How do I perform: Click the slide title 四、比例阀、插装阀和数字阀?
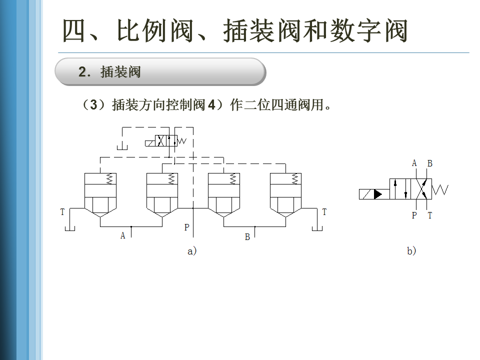pos(235,31)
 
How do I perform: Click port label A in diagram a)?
pos(123,235)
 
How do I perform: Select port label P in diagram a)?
pos(186,227)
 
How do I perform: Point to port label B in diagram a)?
pos(247,237)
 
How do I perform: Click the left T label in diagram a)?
pos(62,212)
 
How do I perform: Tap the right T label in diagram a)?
pos(324,212)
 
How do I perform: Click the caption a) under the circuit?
pos(192,251)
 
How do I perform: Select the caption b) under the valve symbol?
pos(411,251)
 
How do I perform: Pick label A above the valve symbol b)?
pos(414,163)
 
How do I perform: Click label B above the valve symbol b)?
pos(429,163)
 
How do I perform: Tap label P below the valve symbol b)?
pos(414,216)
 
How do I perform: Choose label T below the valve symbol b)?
pos(429,216)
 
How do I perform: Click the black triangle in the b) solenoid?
pos(378,193)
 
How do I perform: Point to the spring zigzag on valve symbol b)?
pos(440,190)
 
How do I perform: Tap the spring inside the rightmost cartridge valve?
pos(295,178)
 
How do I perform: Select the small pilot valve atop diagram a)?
pos(163,141)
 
